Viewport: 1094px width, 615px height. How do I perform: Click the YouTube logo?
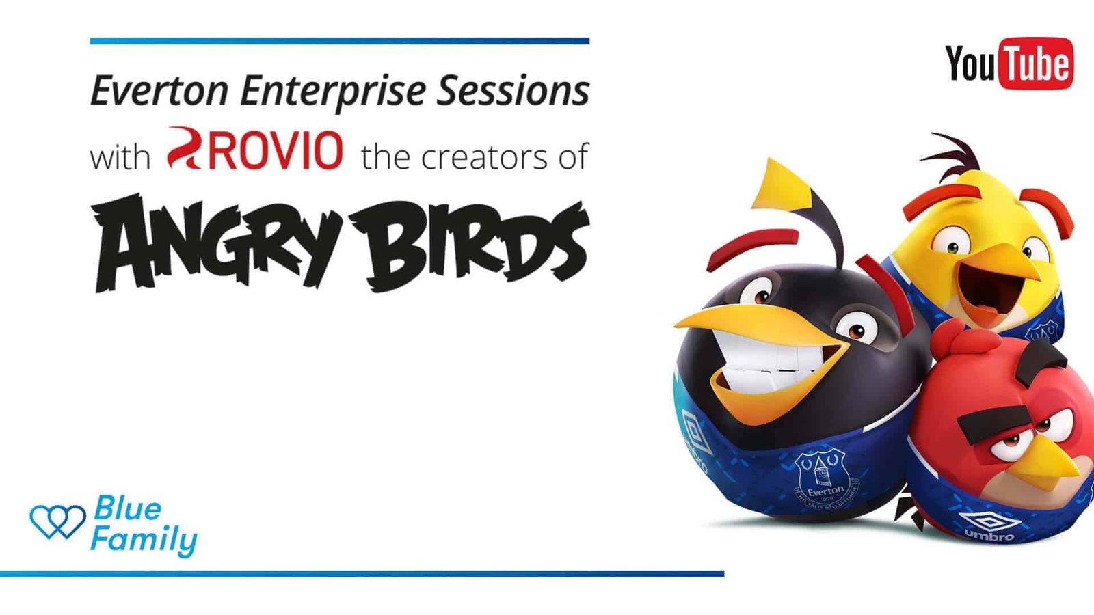tap(1009, 64)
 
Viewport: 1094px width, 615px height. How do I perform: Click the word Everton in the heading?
tap(159, 91)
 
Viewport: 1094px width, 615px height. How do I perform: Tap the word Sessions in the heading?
tap(513, 91)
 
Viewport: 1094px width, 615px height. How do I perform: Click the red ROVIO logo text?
tap(254, 149)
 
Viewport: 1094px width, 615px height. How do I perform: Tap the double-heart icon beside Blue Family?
tap(57, 521)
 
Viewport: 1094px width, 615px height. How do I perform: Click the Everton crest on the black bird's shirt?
tap(825, 480)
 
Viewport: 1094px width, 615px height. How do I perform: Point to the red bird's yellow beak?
tap(1055, 464)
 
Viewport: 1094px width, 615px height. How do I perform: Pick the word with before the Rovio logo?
tap(120, 158)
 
